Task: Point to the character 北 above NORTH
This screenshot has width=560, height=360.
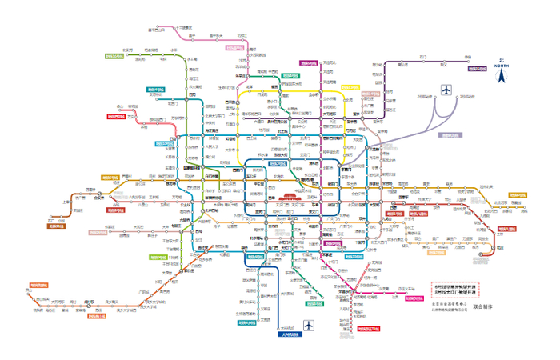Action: click(x=502, y=61)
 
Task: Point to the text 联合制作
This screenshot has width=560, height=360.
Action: click(x=484, y=306)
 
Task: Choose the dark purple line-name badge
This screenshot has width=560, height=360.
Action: click(x=477, y=70)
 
